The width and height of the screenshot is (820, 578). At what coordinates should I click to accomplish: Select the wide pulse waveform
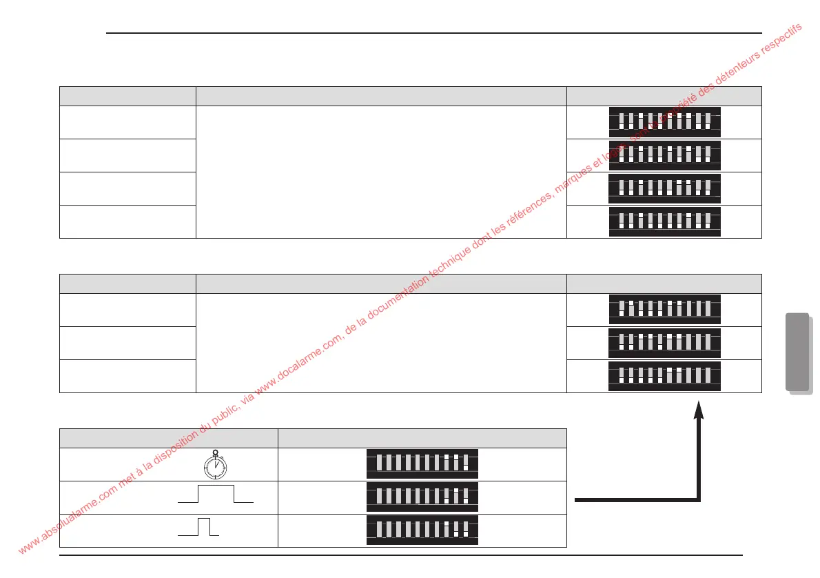(216, 495)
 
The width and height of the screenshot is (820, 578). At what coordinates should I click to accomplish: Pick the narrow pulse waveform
(199, 526)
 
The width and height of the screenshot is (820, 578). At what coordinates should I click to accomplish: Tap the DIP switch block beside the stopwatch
(422, 464)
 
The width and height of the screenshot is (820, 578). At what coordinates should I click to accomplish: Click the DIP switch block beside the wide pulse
(422, 497)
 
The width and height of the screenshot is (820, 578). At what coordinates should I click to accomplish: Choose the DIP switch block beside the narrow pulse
(422, 530)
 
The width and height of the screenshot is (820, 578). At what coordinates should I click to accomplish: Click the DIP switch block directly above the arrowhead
(664, 376)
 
